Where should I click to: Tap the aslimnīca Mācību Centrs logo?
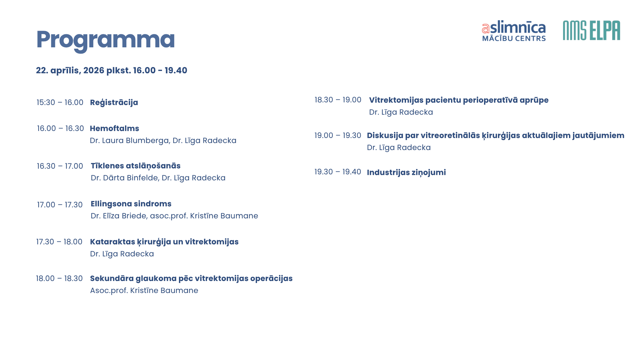click(514, 31)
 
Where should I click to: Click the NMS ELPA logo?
click(592, 30)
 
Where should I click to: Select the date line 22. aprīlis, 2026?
click(112, 70)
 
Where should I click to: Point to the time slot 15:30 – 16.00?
click(60, 102)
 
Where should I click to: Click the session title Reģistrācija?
click(114, 103)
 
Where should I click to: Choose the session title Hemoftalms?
click(114, 128)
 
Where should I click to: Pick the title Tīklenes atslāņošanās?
click(136, 166)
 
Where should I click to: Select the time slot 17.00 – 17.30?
click(60, 205)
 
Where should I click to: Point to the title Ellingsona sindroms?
click(131, 204)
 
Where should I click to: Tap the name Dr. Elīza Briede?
click(119, 216)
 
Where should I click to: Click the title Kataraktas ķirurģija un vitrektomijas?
click(164, 242)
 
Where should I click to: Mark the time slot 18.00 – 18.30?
click(59, 278)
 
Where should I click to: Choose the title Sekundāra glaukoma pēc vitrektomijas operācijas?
click(191, 279)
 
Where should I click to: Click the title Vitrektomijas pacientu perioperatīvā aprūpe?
click(459, 100)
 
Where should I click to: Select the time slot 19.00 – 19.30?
click(338, 135)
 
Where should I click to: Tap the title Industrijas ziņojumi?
click(406, 173)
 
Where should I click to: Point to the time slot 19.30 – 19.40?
click(338, 172)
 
